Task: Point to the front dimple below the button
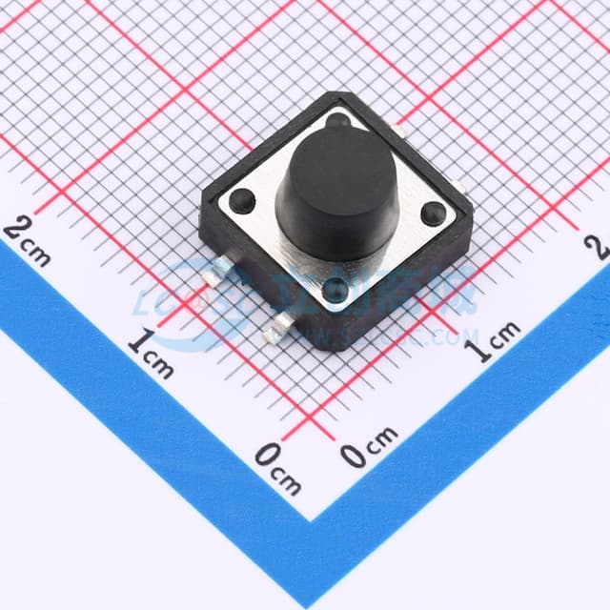pyautogui.click(x=335, y=292)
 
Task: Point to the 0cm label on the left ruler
pyautogui.click(x=277, y=464)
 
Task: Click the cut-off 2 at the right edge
pyautogui.click(x=600, y=246)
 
